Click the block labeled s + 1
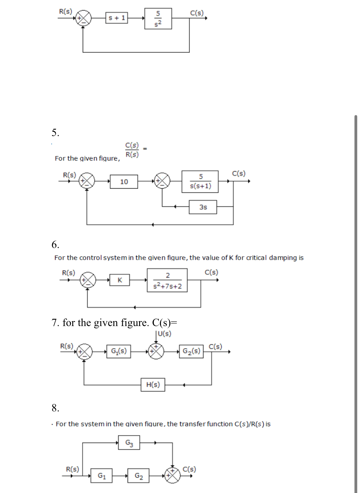117,18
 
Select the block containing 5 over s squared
158,19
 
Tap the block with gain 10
124,182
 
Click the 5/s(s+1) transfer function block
200,182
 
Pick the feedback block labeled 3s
203,207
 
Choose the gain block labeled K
120,280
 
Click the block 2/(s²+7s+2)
167,280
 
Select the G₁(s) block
119,351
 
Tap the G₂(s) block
191,351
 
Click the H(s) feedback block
153,385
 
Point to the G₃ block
129,443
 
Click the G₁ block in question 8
102,476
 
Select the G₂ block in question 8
138,476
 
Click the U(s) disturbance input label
165,334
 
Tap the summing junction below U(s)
156,351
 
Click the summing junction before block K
88,280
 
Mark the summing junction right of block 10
162,181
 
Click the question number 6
55,245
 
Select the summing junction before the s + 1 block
83,18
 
